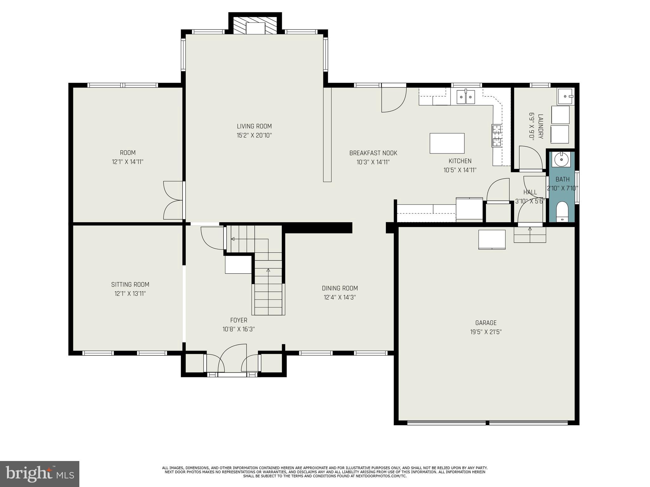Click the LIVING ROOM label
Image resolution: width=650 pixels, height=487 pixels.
pyautogui.click(x=254, y=126)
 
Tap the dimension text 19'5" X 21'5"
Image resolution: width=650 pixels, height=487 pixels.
pyautogui.click(x=486, y=332)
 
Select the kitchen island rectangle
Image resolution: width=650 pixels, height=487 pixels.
pyautogui.click(x=447, y=143)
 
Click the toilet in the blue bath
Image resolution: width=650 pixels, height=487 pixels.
pyautogui.click(x=562, y=211)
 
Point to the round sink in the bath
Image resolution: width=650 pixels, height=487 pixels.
pyautogui.click(x=561, y=159)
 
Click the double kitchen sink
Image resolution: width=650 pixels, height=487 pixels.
pyautogui.click(x=466, y=97)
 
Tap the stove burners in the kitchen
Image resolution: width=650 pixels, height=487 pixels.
pyautogui.click(x=497, y=136)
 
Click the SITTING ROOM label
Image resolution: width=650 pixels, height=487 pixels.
pyautogui.click(x=130, y=284)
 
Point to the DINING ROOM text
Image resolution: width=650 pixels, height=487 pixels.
pyautogui.click(x=340, y=288)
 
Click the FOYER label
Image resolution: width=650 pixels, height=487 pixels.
pyautogui.click(x=239, y=320)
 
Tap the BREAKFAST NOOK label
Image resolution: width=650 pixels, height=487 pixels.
pyautogui.click(x=373, y=153)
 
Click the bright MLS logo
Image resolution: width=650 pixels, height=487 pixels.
pyautogui.click(x=40, y=474)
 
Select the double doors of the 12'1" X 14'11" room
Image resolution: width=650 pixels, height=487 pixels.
pyautogui.click(x=173, y=200)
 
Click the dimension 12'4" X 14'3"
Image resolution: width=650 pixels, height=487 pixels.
pyautogui.click(x=340, y=297)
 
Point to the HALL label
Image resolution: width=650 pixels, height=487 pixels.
pyautogui.click(x=530, y=192)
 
